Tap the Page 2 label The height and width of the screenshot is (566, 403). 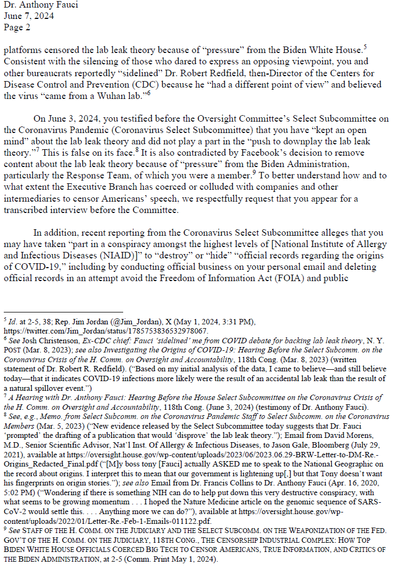[x=17, y=26]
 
